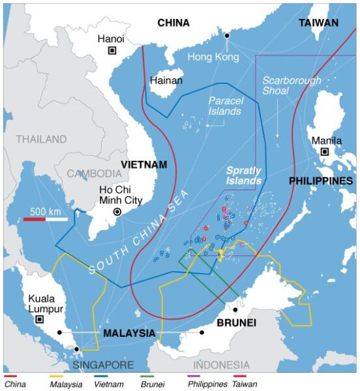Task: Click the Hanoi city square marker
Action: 112,51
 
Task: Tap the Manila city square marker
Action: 324,152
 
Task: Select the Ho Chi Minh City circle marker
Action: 117,212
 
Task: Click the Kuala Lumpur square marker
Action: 39,319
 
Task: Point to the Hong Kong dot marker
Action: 227,35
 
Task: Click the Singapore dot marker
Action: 77,349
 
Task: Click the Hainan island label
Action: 166,81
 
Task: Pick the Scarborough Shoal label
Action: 292,86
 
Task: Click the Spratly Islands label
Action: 243,175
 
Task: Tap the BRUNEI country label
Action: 236,323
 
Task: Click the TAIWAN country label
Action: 318,23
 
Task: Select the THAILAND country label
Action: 41,139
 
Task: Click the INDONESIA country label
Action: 221,365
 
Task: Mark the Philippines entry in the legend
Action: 208,384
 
